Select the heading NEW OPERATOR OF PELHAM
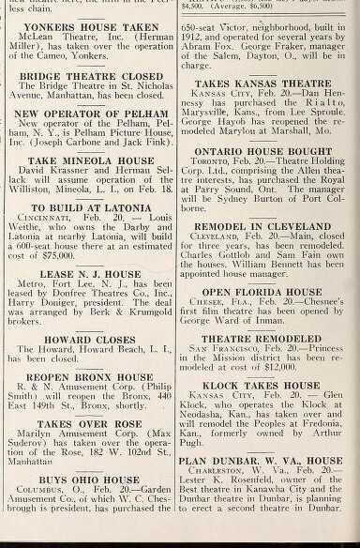90,113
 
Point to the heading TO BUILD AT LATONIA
89,207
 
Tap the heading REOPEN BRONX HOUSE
89,376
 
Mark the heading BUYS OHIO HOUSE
89,479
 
